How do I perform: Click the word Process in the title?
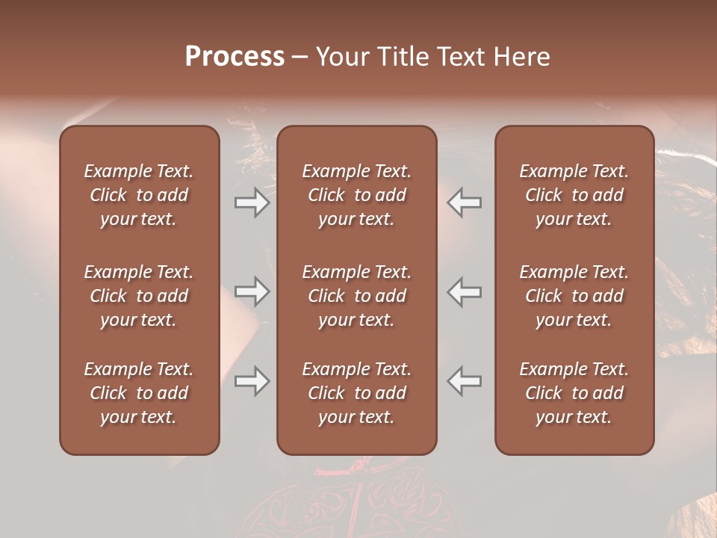tap(235, 57)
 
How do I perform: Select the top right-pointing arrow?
tap(252, 203)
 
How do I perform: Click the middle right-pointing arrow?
tap(252, 292)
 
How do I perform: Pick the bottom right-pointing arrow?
tap(252, 381)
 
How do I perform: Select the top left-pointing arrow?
tap(465, 203)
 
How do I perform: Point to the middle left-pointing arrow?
tap(465, 292)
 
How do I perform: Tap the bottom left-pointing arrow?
tap(465, 381)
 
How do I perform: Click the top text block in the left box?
tap(139, 195)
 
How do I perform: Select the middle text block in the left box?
tap(139, 296)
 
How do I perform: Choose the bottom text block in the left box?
tap(139, 393)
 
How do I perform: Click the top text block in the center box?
tap(356, 195)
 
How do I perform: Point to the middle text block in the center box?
tap(356, 296)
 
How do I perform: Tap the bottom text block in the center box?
tap(356, 393)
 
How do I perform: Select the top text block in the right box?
tap(574, 195)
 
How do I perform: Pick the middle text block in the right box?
tap(574, 296)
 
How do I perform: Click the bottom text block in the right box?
tap(574, 393)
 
